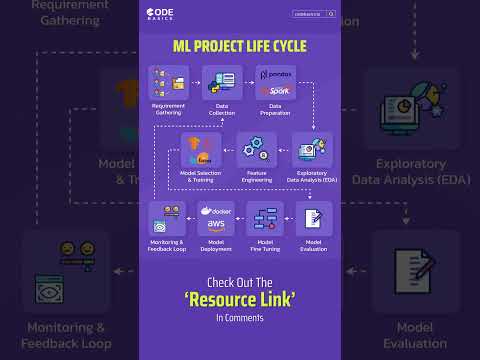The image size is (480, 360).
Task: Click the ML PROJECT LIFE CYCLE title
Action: pyautogui.click(x=239, y=46)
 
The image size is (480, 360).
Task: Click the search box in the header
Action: pyautogui.click(x=314, y=14)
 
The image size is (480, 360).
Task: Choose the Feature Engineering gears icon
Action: pyautogui.click(x=257, y=149)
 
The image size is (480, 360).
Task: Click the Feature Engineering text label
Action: pyautogui.click(x=257, y=175)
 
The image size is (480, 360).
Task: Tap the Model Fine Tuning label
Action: pyautogui.click(x=265, y=245)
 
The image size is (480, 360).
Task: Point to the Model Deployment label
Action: pyautogui.click(x=218, y=245)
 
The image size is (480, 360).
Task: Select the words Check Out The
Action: pyautogui.click(x=239, y=281)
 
